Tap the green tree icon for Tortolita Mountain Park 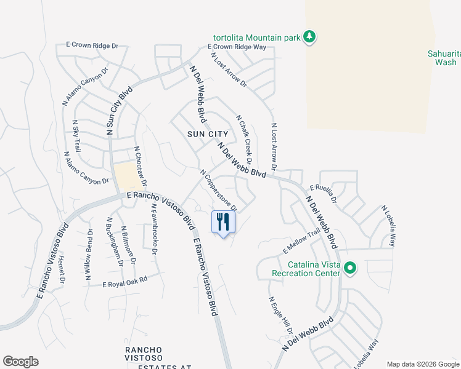[309, 38]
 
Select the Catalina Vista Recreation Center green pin [350, 268]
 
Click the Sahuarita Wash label [443, 58]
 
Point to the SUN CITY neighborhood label [208, 134]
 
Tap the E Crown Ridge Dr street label [92, 46]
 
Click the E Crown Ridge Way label [237, 47]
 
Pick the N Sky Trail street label [76, 137]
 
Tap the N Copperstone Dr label [218, 189]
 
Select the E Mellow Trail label [301, 240]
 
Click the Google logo [20, 362]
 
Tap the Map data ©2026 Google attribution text [423, 364]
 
